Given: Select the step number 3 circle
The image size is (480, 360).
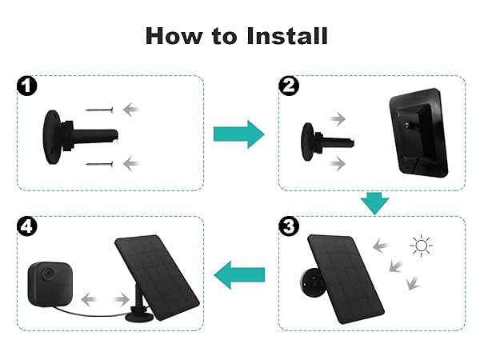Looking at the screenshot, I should pos(289,226).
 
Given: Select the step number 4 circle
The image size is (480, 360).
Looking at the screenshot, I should pos(27,226).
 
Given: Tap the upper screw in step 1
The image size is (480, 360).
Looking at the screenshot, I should pos(102,110).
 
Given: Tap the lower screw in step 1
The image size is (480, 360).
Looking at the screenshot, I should pos(102,164).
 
